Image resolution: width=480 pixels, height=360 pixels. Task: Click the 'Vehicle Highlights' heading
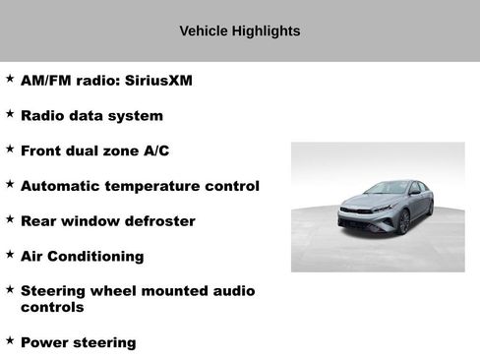239,31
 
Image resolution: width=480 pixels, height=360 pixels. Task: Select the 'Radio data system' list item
91,116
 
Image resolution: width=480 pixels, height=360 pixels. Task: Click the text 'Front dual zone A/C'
101,150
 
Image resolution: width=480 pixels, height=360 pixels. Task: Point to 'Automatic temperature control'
140,186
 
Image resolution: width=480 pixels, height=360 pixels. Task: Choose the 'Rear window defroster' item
107,221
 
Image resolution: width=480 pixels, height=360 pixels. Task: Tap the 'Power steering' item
78,343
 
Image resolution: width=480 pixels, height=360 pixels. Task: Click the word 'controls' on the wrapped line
52,307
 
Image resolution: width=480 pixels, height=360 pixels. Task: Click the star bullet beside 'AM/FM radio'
10,79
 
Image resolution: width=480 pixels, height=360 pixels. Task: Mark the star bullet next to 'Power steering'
10,341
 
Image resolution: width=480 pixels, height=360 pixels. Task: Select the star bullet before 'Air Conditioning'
10,255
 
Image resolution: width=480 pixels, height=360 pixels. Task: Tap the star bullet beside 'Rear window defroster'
10,219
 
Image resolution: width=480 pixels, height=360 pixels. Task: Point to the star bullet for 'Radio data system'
10,114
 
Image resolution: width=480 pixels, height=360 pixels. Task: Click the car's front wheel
403,222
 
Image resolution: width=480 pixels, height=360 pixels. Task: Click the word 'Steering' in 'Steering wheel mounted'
55,291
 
